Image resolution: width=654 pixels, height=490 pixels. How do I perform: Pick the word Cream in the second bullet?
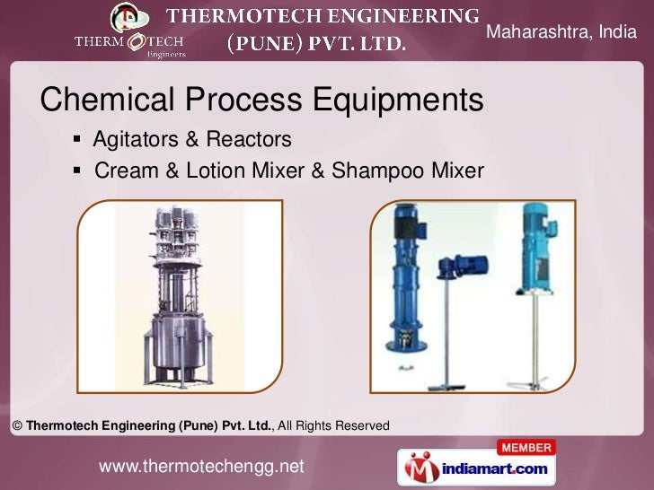click(125, 170)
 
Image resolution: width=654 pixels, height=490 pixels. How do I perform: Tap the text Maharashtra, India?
click(561, 33)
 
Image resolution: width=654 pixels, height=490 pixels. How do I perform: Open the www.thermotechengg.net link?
click(201, 467)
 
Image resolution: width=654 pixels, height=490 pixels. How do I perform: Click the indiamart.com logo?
click(476, 468)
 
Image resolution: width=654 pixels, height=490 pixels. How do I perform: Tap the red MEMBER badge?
click(526, 446)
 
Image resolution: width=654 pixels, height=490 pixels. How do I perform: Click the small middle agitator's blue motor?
click(467, 265)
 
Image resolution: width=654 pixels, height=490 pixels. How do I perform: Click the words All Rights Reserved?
click(334, 425)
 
